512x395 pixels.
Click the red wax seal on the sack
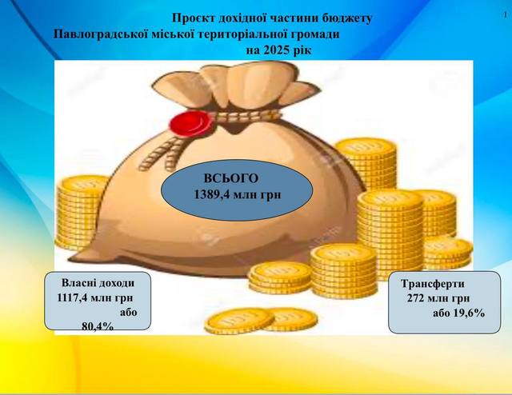tap(191, 123)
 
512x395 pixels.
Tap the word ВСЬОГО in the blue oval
tap(231, 178)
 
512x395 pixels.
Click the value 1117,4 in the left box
tap(72, 297)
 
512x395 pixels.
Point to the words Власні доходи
tap(98, 283)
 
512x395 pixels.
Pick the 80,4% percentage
tap(98, 325)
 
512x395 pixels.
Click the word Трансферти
tap(433, 283)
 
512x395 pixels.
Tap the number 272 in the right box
tap(416, 298)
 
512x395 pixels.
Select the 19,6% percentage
tap(469, 313)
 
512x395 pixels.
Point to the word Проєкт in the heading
tap(189, 18)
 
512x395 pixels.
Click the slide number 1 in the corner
tap(505, 14)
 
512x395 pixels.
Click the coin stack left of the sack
tap(80, 212)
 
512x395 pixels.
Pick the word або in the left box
tap(128, 313)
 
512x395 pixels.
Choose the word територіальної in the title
tap(240, 34)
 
